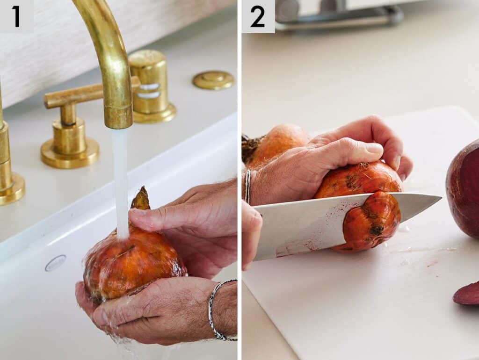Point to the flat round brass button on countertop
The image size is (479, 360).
pos(213,80)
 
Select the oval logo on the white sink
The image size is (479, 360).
pos(56,263)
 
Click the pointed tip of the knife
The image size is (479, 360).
pos(441,198)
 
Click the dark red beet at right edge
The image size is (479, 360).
pos(463,192)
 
